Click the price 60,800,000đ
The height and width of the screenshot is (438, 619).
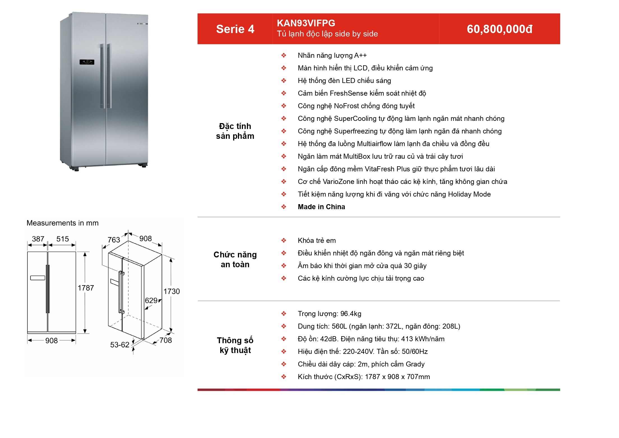499,29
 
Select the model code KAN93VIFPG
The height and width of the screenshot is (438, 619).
306,23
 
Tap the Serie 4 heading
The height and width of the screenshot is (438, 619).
235,29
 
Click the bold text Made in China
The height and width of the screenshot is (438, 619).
321,207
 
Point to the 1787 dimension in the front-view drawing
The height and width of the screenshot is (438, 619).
86,288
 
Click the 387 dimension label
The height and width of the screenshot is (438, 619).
38,239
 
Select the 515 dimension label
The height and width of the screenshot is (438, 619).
62,239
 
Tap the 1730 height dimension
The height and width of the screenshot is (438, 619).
171,291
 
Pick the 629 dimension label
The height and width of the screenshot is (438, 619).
151,301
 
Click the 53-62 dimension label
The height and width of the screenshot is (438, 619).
120,345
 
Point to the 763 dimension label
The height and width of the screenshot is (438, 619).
114,240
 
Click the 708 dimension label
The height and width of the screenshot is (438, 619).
166,340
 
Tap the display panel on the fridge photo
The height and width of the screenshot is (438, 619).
87,62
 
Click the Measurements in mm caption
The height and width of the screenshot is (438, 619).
62,223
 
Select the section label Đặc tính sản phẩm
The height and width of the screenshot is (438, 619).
235,131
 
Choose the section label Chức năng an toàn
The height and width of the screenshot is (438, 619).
235,260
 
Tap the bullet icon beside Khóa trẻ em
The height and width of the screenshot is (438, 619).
284,241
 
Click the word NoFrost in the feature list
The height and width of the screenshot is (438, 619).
346,106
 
